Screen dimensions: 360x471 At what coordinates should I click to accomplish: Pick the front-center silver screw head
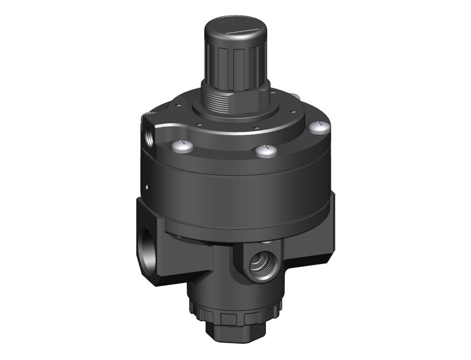click(x=264, y=151)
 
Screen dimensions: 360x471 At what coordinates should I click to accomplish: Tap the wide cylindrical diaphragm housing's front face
click(x=242, y=197)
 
